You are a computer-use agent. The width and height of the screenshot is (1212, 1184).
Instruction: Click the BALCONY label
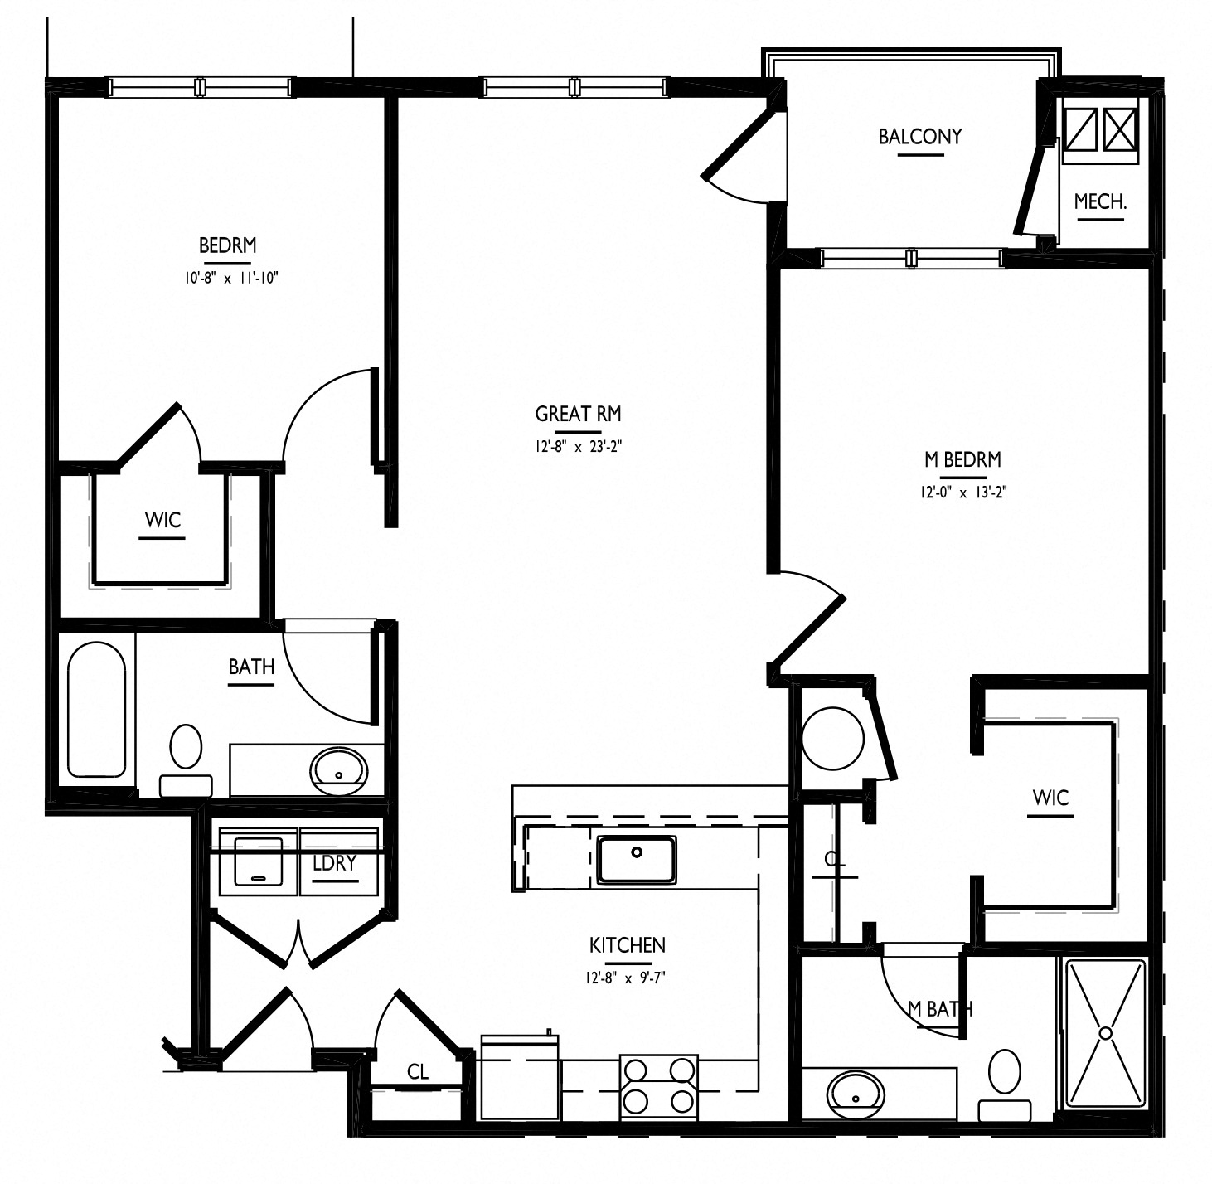tap(920, 137)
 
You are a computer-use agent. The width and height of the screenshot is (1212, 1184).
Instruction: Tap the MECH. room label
tap(1101, 201)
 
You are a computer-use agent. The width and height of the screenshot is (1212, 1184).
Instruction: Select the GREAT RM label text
tap(578, 414)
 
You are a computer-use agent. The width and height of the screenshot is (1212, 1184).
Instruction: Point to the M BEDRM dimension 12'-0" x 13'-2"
tap(963, 492)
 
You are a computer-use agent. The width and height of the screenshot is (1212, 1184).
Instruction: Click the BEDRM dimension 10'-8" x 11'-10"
tap(231, 278)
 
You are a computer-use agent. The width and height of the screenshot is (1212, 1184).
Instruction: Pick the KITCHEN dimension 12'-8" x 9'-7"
tap(625, 978)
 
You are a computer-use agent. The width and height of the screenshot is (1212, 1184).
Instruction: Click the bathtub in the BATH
tap(96, 710)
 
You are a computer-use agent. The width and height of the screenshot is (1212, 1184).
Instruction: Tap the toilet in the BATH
tap(186, 760)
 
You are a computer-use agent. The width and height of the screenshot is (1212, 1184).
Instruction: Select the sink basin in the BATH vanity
tap(338, 771)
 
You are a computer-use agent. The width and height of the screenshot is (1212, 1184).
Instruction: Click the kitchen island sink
tap(637, 859)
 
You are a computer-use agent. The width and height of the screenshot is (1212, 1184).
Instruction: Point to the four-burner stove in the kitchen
tap(659, 1087)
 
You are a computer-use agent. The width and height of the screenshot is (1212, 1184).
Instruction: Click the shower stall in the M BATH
tap(1106, 1034)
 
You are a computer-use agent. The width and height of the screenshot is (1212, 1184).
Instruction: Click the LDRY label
tap(335, 862)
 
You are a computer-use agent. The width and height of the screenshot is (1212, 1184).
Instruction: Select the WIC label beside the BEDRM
tap(162, 519)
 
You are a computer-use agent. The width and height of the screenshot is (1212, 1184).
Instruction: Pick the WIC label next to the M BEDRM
tap(1050, 798)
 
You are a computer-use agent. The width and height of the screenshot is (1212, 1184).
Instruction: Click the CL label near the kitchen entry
tap(418, 1071)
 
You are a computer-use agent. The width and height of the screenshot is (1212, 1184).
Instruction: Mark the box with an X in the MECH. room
tap(1121, 129)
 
